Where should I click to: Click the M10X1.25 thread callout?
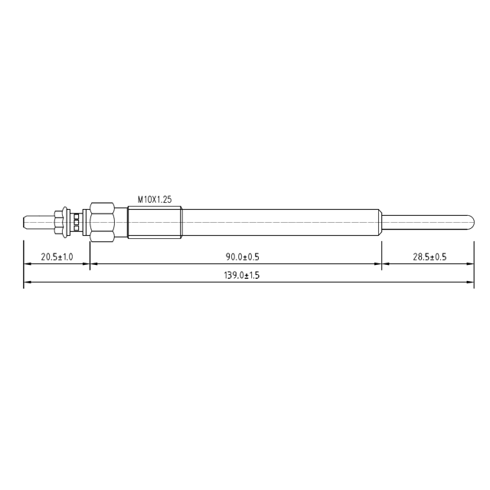(x=155, y=199)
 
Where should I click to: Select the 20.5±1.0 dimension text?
(x=57, y=257)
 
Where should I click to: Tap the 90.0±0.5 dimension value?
(x=243, y=257)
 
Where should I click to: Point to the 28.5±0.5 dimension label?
(x=430, y=257)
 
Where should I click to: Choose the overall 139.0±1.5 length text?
(x=242, y=276)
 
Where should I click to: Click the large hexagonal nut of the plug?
(x=102, y=222)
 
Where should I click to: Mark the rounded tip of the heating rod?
(x=472, y=222)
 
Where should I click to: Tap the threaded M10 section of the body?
(x=155, y=222)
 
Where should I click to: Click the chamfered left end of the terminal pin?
(x=25, y=222)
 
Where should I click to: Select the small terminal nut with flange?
(x=61, y=222)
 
